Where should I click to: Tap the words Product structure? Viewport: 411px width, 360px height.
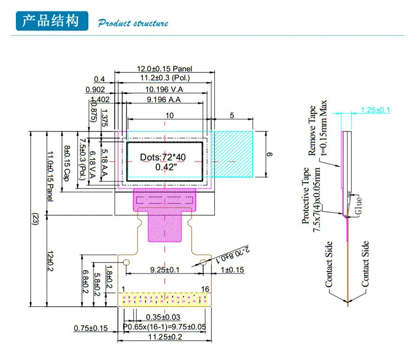point(133,23)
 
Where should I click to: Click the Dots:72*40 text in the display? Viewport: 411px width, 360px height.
point(163,157)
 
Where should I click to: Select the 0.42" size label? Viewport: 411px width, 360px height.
point(163,167)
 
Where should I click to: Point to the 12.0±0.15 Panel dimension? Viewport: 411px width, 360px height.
point(164,69)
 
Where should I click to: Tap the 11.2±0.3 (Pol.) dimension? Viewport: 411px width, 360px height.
point(164,79)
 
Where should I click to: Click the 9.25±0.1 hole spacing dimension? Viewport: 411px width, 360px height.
point(165,270)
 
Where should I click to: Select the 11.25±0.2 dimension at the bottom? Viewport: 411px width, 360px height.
point(165,338)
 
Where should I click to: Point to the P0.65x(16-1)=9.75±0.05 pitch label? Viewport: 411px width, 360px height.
point(164,327)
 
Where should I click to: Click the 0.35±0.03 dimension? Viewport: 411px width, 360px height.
point(163,317)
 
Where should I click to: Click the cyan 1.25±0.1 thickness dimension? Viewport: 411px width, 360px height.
point(375,110)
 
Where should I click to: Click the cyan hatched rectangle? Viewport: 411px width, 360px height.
point(233,154)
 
